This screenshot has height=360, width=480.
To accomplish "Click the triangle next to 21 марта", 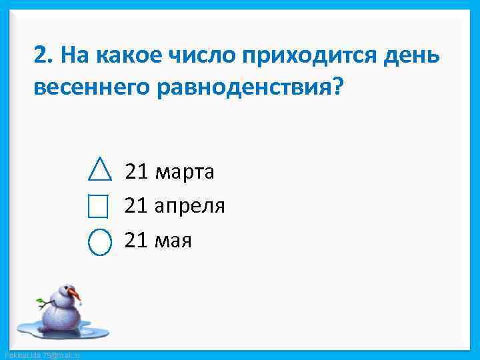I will (100, 170).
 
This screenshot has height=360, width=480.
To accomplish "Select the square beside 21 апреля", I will (98, 206).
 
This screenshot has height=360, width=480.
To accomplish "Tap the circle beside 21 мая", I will (100, 241).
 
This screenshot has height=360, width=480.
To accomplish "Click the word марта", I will (184, 173).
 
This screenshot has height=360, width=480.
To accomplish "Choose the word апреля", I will (189, 207).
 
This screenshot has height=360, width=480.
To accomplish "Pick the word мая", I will (173, 241).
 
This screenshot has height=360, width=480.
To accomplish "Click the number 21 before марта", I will (136, 172).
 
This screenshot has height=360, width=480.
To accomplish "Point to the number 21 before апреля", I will (136, 206).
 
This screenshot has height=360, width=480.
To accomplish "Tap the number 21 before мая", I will (136, 240).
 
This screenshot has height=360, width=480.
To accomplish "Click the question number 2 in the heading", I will (41, 55).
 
